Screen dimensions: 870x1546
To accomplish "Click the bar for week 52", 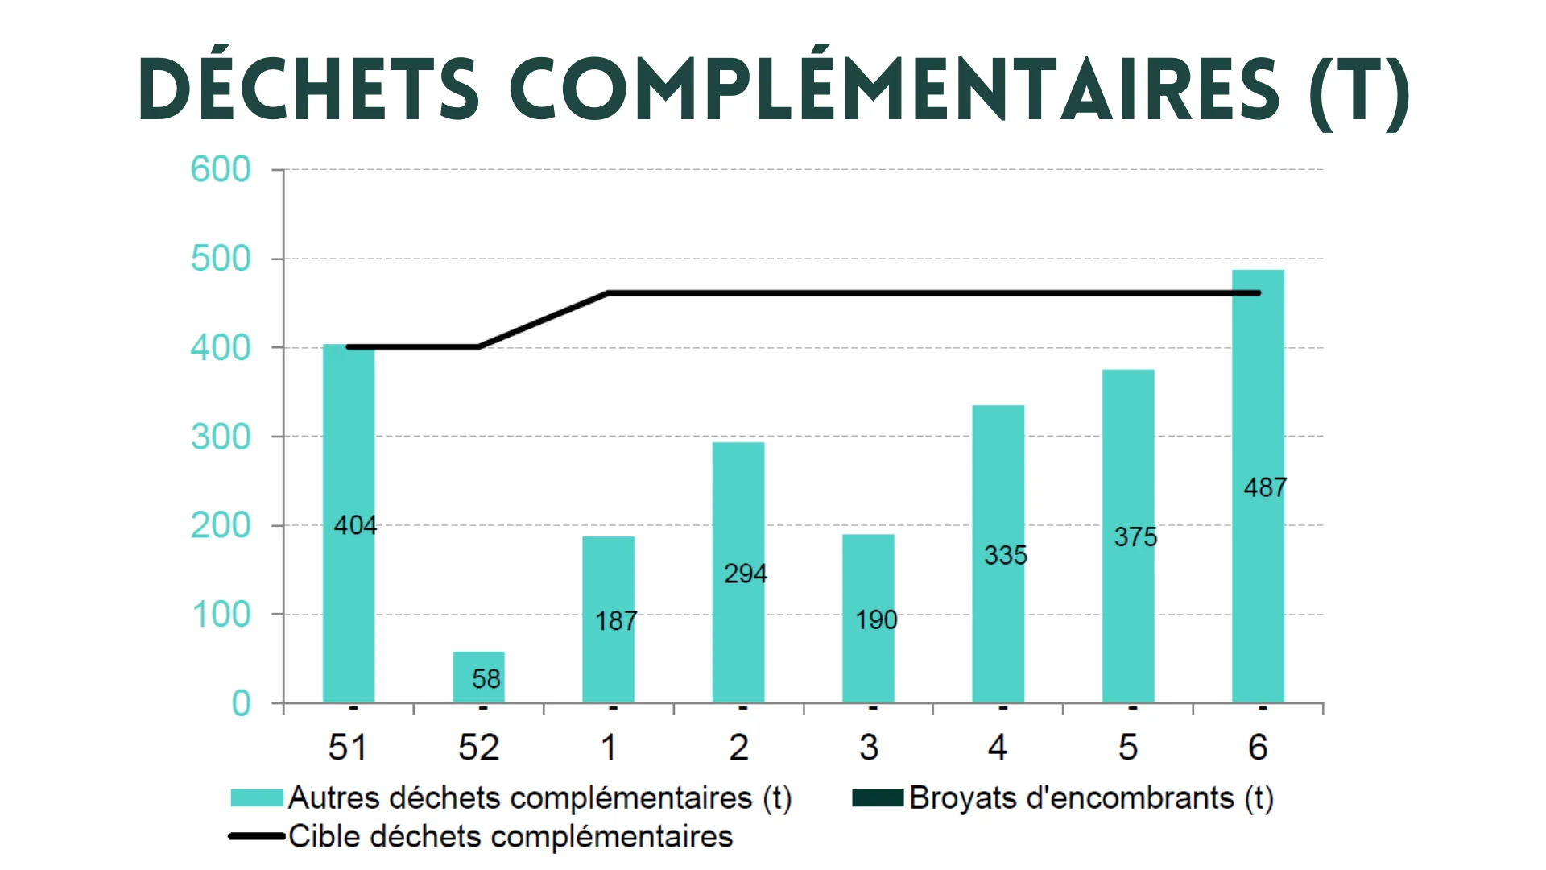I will (x=478, y=677).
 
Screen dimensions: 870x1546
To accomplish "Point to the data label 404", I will (x=355, y=525).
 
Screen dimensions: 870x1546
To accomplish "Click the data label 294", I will (x=745, y=574).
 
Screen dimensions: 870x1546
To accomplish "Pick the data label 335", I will (x=1005, y=555).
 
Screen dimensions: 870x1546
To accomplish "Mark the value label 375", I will (x=1135, y=537).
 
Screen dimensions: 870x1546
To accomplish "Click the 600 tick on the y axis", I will (x=220, y=169).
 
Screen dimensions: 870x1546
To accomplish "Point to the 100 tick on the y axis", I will (x=221, y=615).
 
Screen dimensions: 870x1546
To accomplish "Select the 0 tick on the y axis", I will (x=241, y=703).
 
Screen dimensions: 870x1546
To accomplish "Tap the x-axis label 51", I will (x=347, y=748).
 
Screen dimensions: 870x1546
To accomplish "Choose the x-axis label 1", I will (x=609, y=748).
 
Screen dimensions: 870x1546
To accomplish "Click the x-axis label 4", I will (x=998, y=748).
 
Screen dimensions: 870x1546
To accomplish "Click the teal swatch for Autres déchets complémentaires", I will (x=256, y=797).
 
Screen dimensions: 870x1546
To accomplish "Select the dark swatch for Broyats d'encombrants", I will (x=877, y=797).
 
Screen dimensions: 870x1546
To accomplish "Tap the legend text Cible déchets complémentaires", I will (x=511, y=836).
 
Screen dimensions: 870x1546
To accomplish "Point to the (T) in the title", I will (x=1359, y=90).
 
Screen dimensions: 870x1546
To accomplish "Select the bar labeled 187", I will (x=609, y=619).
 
